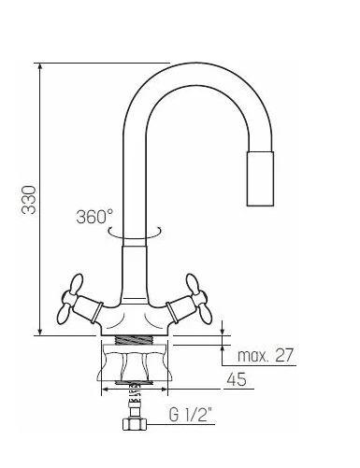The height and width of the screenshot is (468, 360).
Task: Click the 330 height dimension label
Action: click(x=29, y=200)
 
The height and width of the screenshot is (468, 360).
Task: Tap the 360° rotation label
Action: click(x=94, y=217)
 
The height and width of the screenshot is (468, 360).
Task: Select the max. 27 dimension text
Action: click(x=266, y=355)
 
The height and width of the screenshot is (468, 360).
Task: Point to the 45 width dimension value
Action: click(x=237, y=379)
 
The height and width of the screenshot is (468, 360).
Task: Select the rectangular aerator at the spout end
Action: click(x=260, y=178)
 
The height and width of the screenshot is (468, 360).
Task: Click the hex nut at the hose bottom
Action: click(x=135, y=424)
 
